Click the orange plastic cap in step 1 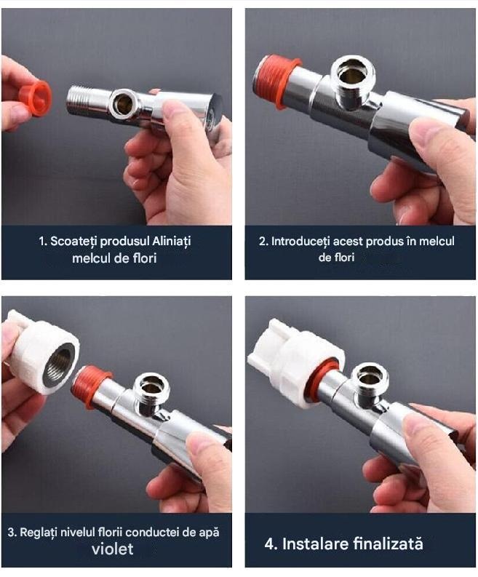(36, 98)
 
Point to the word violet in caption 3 (112, 549)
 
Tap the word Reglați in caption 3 (36, 533)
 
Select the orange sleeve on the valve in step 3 (92, 386)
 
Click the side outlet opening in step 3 (151, 387)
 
